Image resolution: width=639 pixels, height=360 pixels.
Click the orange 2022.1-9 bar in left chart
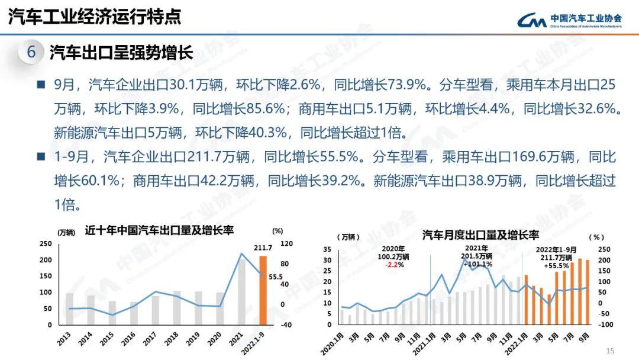(x=263, y=290)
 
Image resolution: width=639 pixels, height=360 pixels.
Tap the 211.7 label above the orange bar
(x=263, y=248)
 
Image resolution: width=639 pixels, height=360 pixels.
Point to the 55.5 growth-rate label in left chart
(x=276, y=277)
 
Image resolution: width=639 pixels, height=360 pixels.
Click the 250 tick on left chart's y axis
(x=46, y=244)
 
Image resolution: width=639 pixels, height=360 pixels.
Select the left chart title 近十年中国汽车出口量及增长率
(x=159, y=230)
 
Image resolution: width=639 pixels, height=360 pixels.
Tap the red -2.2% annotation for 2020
(x=396, y=264)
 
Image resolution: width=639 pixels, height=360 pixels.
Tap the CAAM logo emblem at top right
(x=531, y=21)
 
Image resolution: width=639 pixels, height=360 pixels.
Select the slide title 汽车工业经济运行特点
(x=95, y=17)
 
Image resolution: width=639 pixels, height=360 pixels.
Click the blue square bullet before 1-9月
(x=41, y=157)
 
